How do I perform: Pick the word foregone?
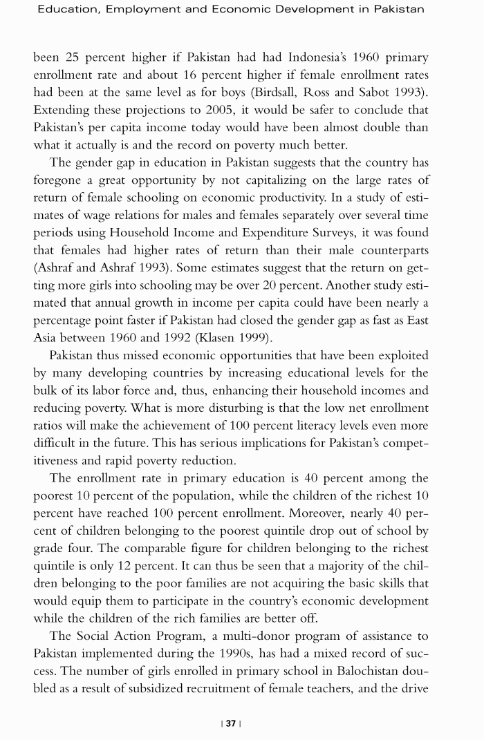point(59,181)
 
